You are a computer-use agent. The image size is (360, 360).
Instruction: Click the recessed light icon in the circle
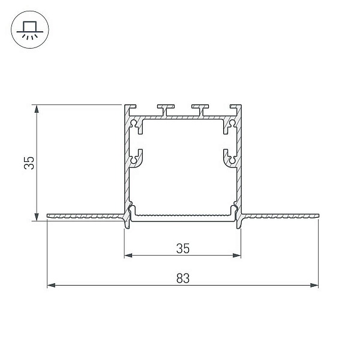click(x=30, y=30)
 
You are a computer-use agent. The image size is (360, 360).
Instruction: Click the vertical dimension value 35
click(x=29, y=163)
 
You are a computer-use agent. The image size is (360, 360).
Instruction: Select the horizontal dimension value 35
click(x=183, y=248)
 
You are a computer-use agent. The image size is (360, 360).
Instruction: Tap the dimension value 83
click(x=183, y=278)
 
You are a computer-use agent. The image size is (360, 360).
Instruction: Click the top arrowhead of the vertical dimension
click(x=37, y=109)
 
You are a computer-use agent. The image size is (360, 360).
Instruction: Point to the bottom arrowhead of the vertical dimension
click(x=37, y=217)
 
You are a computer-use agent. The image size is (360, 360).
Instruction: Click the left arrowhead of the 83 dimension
click(x=51, y=286)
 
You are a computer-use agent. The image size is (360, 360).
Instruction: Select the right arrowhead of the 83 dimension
click(x=314, y=286)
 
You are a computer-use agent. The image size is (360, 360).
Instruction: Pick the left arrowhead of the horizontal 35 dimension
click(x=128, y=256)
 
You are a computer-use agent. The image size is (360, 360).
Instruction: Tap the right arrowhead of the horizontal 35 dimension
click(x=237, y=256)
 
